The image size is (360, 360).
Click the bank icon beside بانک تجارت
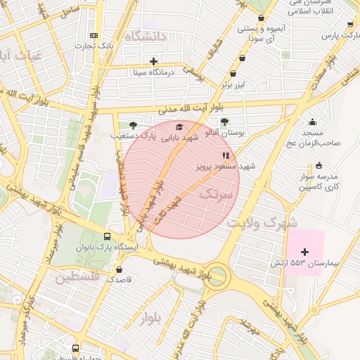pyautogui.click(x=94, y=36)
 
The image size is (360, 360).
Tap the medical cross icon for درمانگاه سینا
pyautogui.click(x=154, y=61)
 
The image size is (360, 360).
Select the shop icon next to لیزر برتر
pyautogui.click(x=233, y=72)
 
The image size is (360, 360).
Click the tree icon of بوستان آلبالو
pyautogui.click(x=225, y=121)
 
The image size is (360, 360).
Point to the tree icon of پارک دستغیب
pyautogui.click(x=133, y=124)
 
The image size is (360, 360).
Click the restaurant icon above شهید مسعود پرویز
pyautogui.click(x=225, y=155)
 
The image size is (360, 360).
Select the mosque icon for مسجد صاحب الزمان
pyautogui.click(x=312, y=122)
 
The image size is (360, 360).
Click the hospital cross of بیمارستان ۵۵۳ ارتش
pyautogui.click(x=304, y=251)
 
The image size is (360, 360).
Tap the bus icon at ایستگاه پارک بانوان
pyautogui.click(x=107, y=237)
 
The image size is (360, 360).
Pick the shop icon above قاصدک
pyautogui.click(x=120, y=269)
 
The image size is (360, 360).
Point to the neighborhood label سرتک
pyautogui.click(x=215, y=195)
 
